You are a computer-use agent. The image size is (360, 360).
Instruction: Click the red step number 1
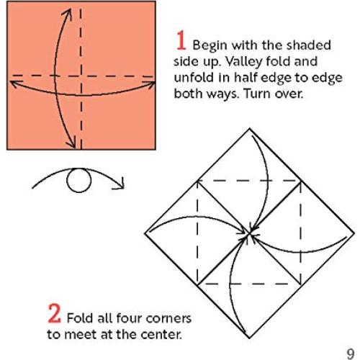point(181,37)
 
